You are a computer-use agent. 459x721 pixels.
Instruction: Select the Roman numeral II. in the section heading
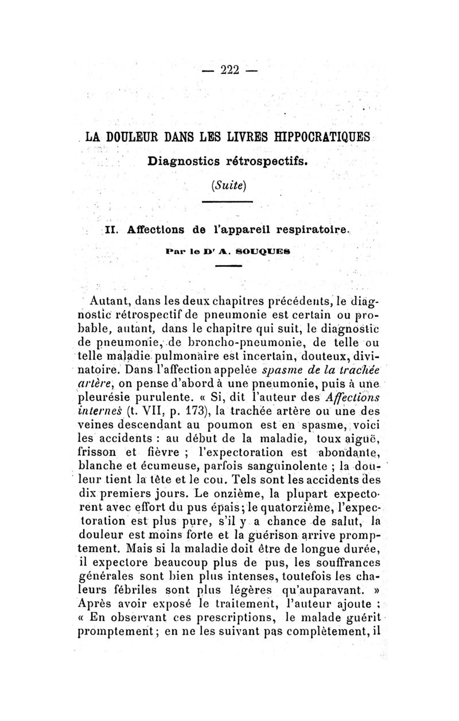(112, 229)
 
